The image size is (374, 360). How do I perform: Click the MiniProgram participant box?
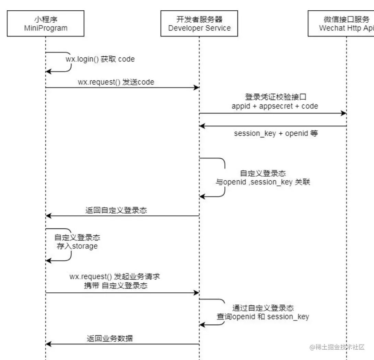(x=46, y=23)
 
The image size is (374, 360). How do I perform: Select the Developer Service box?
(x=199, y=23)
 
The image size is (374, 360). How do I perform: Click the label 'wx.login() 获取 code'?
(x=100, y=59)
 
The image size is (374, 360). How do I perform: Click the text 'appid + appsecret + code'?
(x=274, y=106)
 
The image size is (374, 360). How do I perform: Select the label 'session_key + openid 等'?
(x=276, y=133)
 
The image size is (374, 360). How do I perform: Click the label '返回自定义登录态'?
(x=116, y=210)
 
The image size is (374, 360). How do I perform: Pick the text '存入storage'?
(x=77, y=246)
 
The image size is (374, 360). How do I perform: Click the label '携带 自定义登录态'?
(x=116, y=285)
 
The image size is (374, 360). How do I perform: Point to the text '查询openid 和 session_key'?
(x=263, y=316)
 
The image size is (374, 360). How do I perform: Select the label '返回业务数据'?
(x=110, y=338)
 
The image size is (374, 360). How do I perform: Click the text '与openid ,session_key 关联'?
(x=263, y=182)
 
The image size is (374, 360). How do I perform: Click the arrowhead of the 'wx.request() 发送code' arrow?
(x=197, y=88)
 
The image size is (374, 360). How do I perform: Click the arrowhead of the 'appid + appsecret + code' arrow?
(x=343, y=113)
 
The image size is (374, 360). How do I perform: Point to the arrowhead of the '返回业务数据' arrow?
(x=48, y=344)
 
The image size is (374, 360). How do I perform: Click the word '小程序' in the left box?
(x=46, y=19)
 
